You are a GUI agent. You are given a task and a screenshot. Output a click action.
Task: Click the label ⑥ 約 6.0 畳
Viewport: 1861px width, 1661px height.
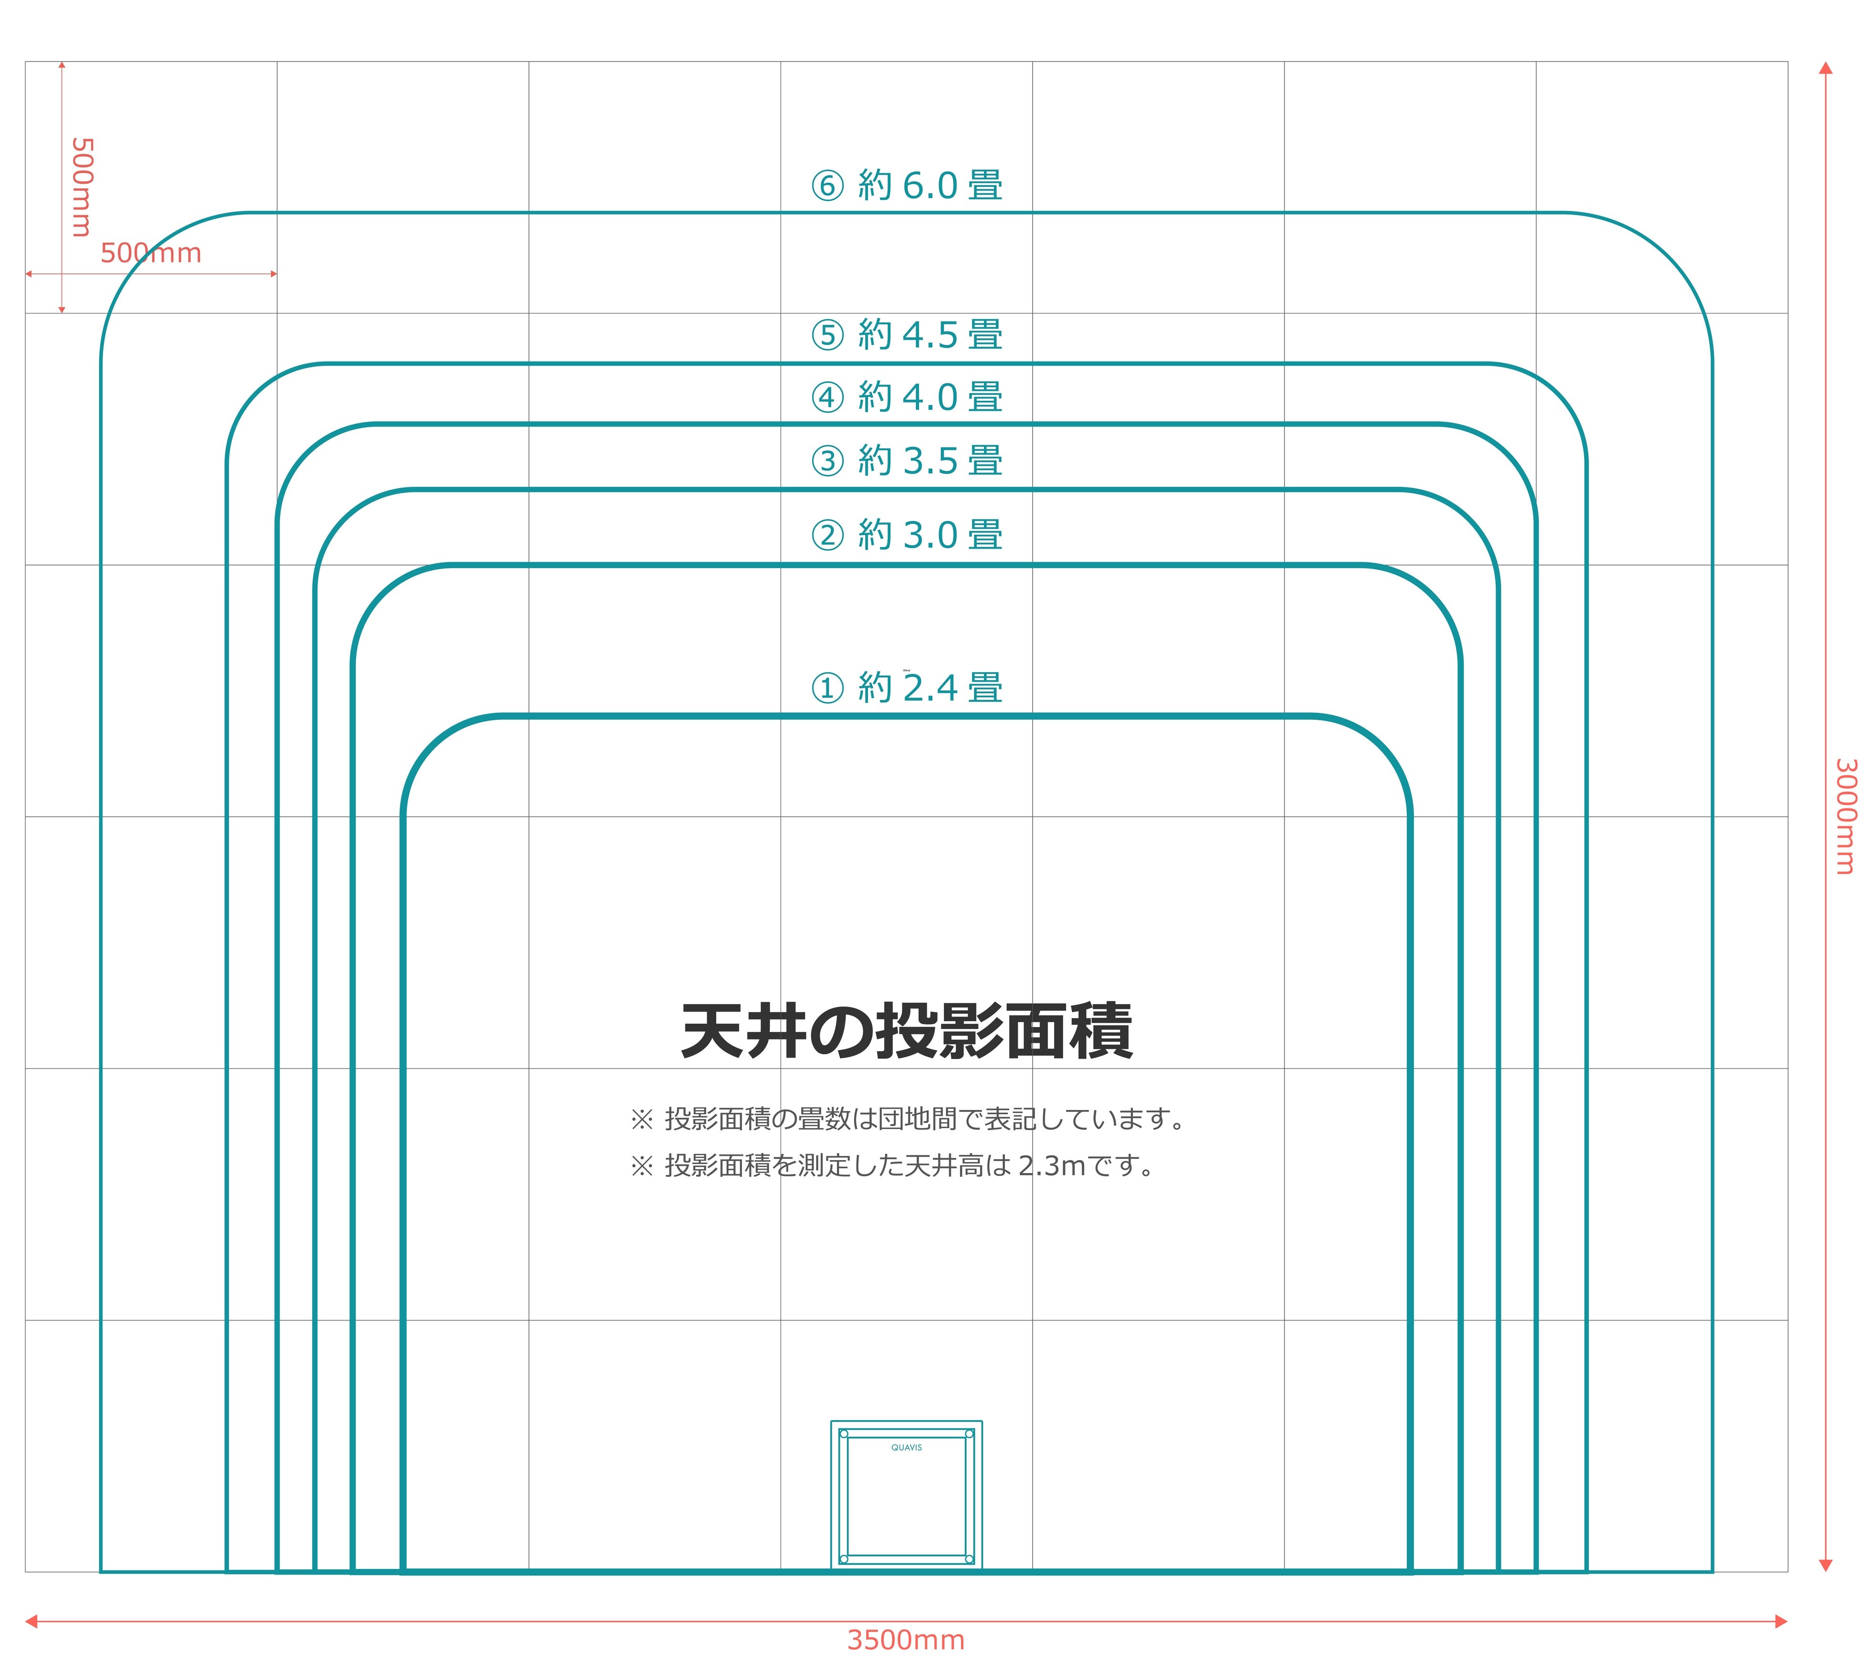pos(906,185)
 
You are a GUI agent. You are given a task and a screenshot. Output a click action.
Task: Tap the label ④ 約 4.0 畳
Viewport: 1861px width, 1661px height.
pos(906,397)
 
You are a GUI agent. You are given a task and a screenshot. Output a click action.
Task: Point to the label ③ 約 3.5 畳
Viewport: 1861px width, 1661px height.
pos(906,460)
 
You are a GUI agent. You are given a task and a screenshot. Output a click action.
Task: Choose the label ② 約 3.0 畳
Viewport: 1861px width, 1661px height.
pos(906,535)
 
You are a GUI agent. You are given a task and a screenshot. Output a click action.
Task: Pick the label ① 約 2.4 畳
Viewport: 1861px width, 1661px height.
pos(906,687)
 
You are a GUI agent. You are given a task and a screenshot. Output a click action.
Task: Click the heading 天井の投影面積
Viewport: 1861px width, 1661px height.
pos(906,1031)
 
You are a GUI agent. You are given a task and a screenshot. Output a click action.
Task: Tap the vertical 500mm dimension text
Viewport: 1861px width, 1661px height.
pos(82,187)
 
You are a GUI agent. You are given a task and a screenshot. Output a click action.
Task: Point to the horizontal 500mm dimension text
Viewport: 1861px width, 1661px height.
pos(151,253)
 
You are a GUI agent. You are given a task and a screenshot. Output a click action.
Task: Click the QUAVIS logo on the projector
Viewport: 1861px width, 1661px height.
pos(906,1447)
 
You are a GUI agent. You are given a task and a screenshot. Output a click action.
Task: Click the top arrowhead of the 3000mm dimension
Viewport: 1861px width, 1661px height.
pos(1825,68)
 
